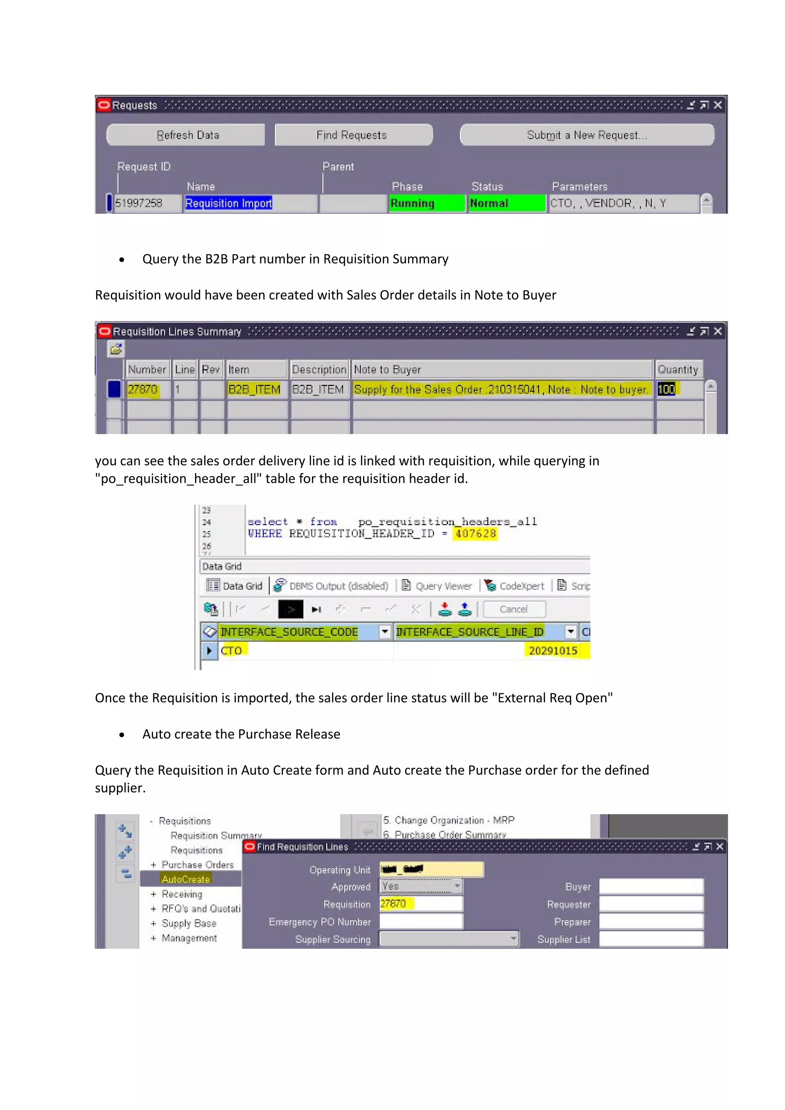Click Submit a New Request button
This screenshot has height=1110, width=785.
pos(586,135)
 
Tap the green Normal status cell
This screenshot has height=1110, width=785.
pos(506,203)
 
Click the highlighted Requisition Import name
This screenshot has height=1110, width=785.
pos(228,203)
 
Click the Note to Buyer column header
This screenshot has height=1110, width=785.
pos(501,369)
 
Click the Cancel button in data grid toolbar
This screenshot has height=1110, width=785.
pos(514,609)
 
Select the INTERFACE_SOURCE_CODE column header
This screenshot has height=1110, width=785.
pos(289,632)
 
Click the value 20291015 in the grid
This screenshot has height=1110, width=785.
pos(553,651)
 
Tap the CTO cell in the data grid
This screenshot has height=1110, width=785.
pos(232,651)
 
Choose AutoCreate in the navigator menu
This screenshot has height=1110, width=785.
pos(186,879)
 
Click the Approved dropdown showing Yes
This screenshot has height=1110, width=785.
pos(421,886)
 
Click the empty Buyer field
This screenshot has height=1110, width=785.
pos(650,886)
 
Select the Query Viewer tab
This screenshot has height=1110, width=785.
pos(437,586)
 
